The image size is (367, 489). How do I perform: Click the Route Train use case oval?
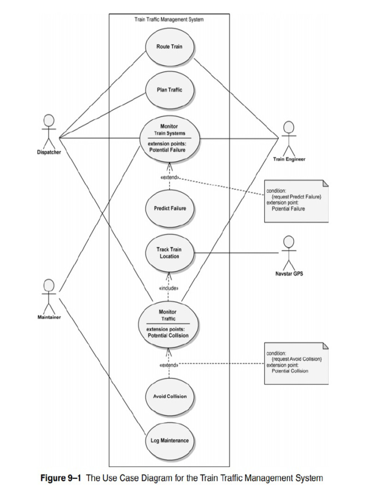point(169,47)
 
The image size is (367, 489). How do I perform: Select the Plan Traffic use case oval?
point(169,89)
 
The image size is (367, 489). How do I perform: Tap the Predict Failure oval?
point(170,209)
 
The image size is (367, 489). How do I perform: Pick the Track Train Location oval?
point(169,253)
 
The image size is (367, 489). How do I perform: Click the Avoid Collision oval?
point(170,396)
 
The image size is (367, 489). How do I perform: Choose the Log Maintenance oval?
point(170,440)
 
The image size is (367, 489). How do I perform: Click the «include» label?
point(168,288)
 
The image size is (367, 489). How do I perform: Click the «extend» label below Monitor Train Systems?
point(169,178)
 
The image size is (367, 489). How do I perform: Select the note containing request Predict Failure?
point(297,201)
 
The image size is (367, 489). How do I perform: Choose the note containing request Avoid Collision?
point(297,363)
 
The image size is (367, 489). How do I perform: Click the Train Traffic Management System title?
point(169,20)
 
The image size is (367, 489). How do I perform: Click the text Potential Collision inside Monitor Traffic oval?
point(168,335)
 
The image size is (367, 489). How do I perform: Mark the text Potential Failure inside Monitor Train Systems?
point(167,149)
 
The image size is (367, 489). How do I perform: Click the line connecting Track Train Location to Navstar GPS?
point(234,253)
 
